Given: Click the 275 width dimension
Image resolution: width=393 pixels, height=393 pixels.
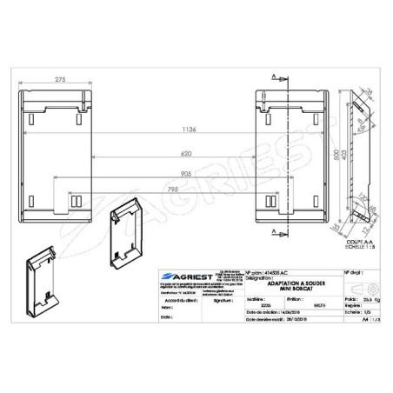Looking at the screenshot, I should click(x=59, y=81).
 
